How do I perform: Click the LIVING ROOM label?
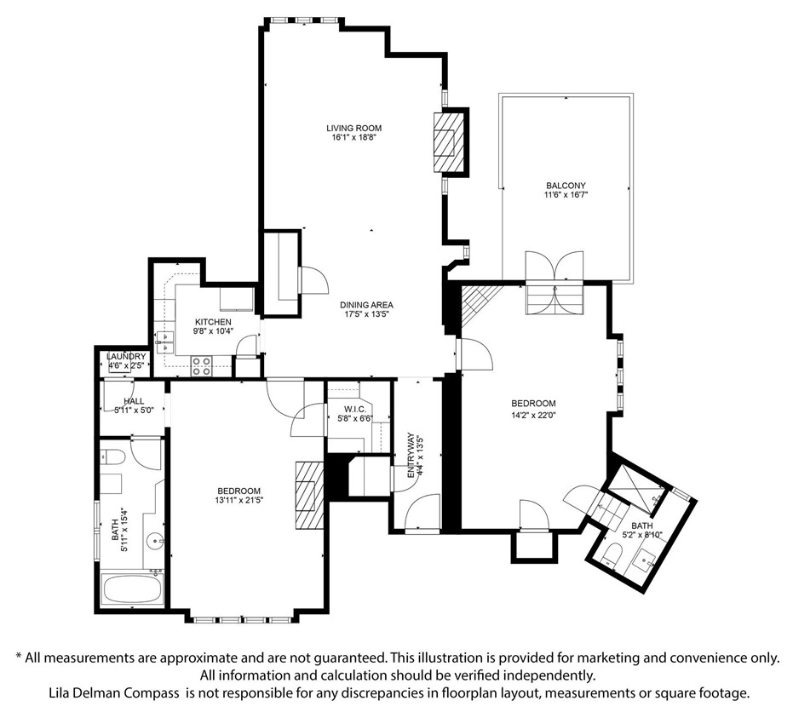(x=353, y=128)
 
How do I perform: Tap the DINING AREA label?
(x=366, y=305)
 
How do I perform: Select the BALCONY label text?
(x=566, y=186)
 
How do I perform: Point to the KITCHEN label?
(x=214, y=322)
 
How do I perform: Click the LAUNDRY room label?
(x=126, y=357)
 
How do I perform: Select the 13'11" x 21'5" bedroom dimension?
(x=238, y=500)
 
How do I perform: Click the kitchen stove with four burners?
(x=201, y=366)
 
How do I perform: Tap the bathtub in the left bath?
(x=132, y=589)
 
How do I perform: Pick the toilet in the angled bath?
(x=612, y=555)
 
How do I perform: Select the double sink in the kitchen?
(x=165, y=342)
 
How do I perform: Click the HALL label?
(x=134, y=401)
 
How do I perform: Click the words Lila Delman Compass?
(x=114, y=692)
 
